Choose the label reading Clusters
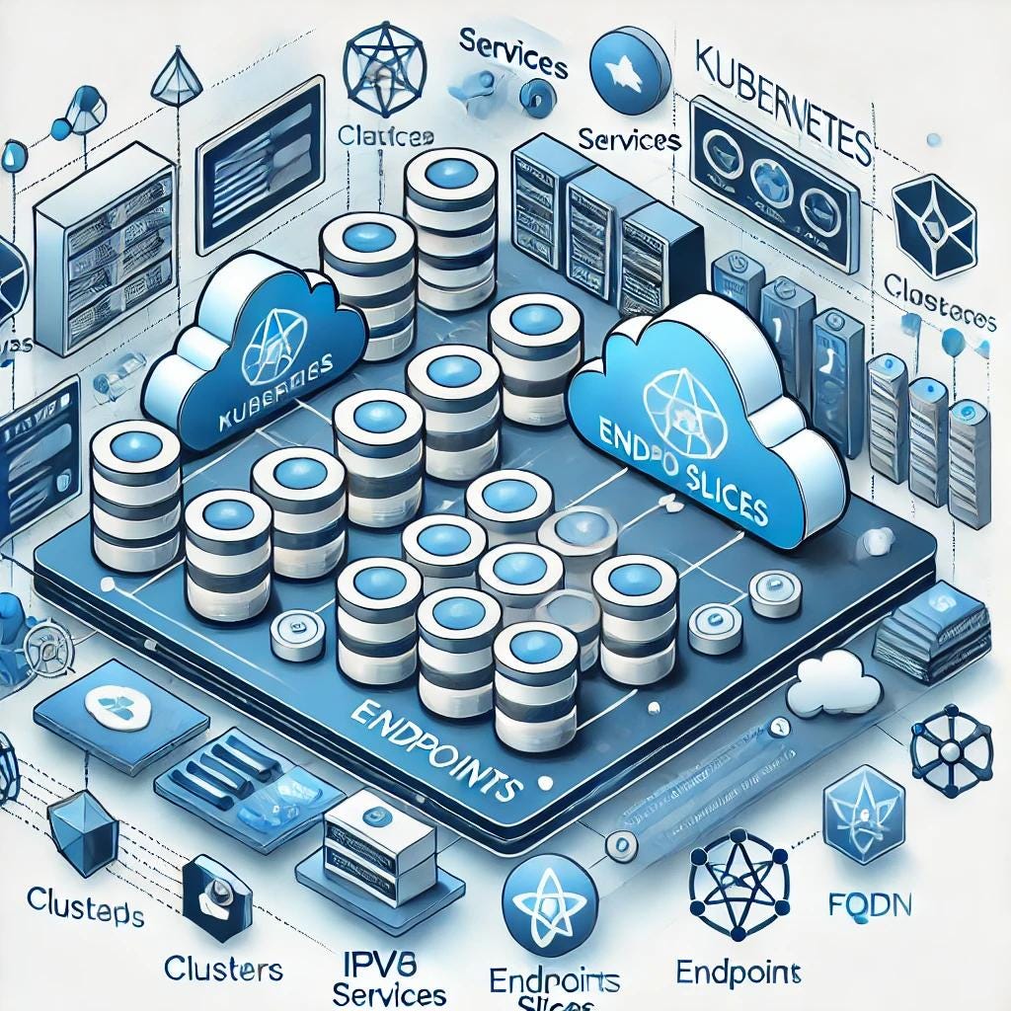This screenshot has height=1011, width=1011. coord(224,967)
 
